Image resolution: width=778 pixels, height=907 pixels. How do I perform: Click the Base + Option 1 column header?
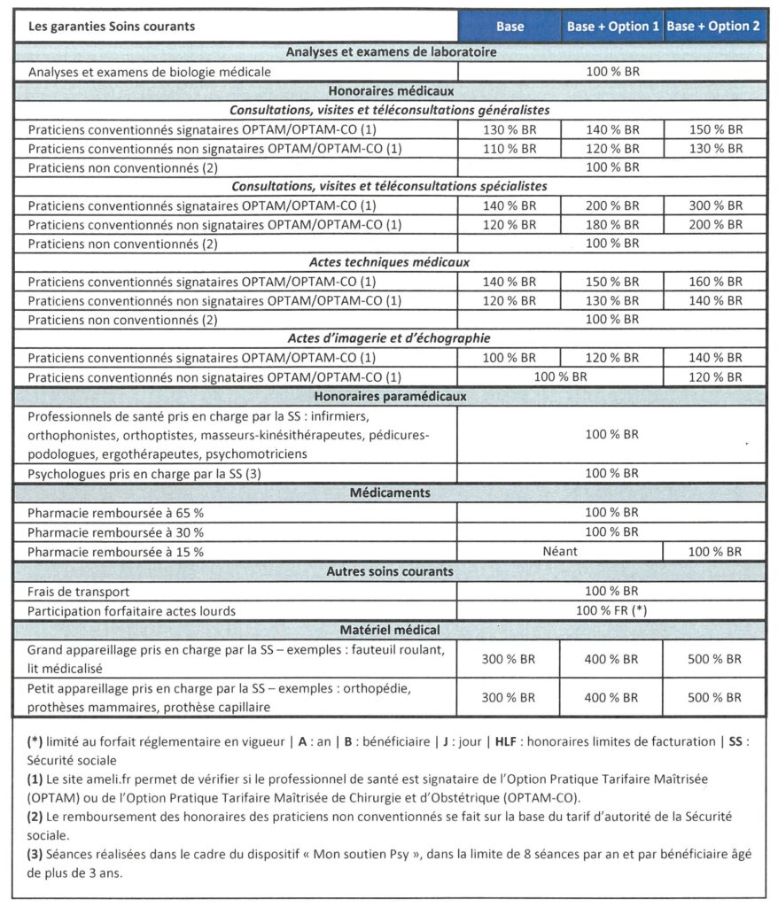611,27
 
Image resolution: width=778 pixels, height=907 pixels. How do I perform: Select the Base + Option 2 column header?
713,27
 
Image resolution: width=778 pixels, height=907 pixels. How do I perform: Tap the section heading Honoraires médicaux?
390,90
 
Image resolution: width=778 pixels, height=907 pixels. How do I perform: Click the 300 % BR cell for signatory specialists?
715,205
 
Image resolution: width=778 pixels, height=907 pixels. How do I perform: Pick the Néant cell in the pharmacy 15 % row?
560,551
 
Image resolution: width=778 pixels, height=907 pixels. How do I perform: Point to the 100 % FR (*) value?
611,610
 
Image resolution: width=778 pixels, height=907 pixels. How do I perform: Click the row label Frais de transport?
78,591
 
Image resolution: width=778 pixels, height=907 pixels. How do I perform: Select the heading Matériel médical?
390,630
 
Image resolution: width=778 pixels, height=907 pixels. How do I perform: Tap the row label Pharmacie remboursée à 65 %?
115,512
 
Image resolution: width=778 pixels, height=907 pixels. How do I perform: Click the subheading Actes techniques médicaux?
390,263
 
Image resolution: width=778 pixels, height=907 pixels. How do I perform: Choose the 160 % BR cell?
715,283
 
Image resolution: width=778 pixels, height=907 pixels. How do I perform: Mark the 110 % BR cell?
509,148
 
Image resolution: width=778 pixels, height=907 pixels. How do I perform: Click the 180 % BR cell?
611,225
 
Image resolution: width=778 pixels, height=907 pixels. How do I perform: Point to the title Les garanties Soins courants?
112,27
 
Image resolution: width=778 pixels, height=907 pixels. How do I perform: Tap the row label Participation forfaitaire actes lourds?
132,610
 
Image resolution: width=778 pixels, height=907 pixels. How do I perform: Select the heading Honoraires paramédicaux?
390,396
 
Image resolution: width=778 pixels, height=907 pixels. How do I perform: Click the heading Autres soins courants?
390,571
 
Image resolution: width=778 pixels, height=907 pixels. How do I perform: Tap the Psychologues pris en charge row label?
144,473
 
